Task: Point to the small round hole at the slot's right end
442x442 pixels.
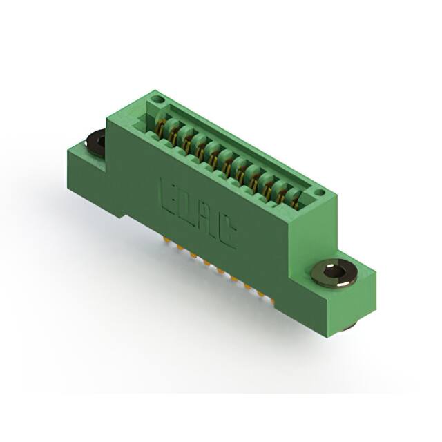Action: click(x=318, y=193)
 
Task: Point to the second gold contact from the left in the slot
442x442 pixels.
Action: click(x=173, y=133)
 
